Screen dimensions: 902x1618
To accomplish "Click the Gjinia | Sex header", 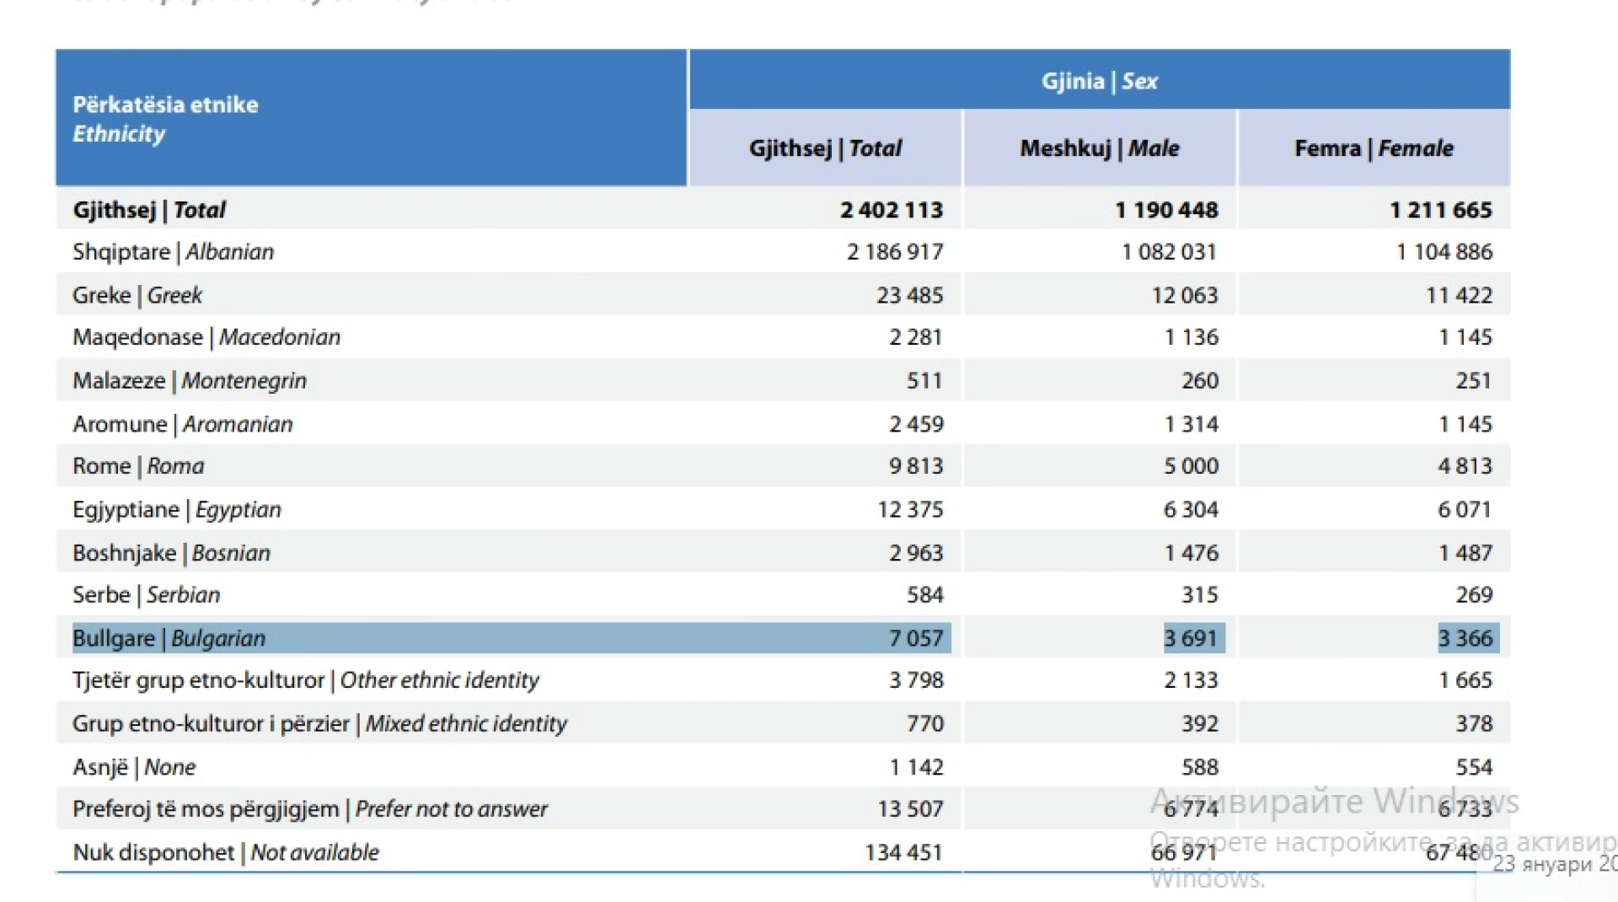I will point(1099,81).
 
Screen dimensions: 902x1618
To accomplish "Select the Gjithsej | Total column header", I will point(825,148).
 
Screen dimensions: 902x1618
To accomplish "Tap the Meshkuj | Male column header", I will point(1099,148).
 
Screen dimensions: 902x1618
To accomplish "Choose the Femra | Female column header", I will point(1374,148).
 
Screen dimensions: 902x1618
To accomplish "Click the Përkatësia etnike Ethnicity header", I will point(165,119).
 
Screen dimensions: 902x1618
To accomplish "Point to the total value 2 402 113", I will point(891,210).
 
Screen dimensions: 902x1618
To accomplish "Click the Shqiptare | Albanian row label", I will point(173,252).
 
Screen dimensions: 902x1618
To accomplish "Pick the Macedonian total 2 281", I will point(915,337).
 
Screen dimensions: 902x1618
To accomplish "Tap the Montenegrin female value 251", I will point(1473,381).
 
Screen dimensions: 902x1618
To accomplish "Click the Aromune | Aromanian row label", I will point(182,424).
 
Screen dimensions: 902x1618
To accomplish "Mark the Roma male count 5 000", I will point(1191,466).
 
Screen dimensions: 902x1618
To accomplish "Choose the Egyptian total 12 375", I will point(910,510).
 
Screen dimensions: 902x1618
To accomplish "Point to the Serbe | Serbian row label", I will point(146,595).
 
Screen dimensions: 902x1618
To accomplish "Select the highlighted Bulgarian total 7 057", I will point(915,638).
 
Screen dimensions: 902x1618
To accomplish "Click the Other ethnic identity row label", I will point(305,680).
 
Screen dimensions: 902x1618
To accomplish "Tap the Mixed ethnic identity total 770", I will point(924,724).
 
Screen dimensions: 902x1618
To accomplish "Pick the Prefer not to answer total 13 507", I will point(910,809).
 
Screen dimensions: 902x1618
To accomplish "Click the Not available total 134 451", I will point(903,853).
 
